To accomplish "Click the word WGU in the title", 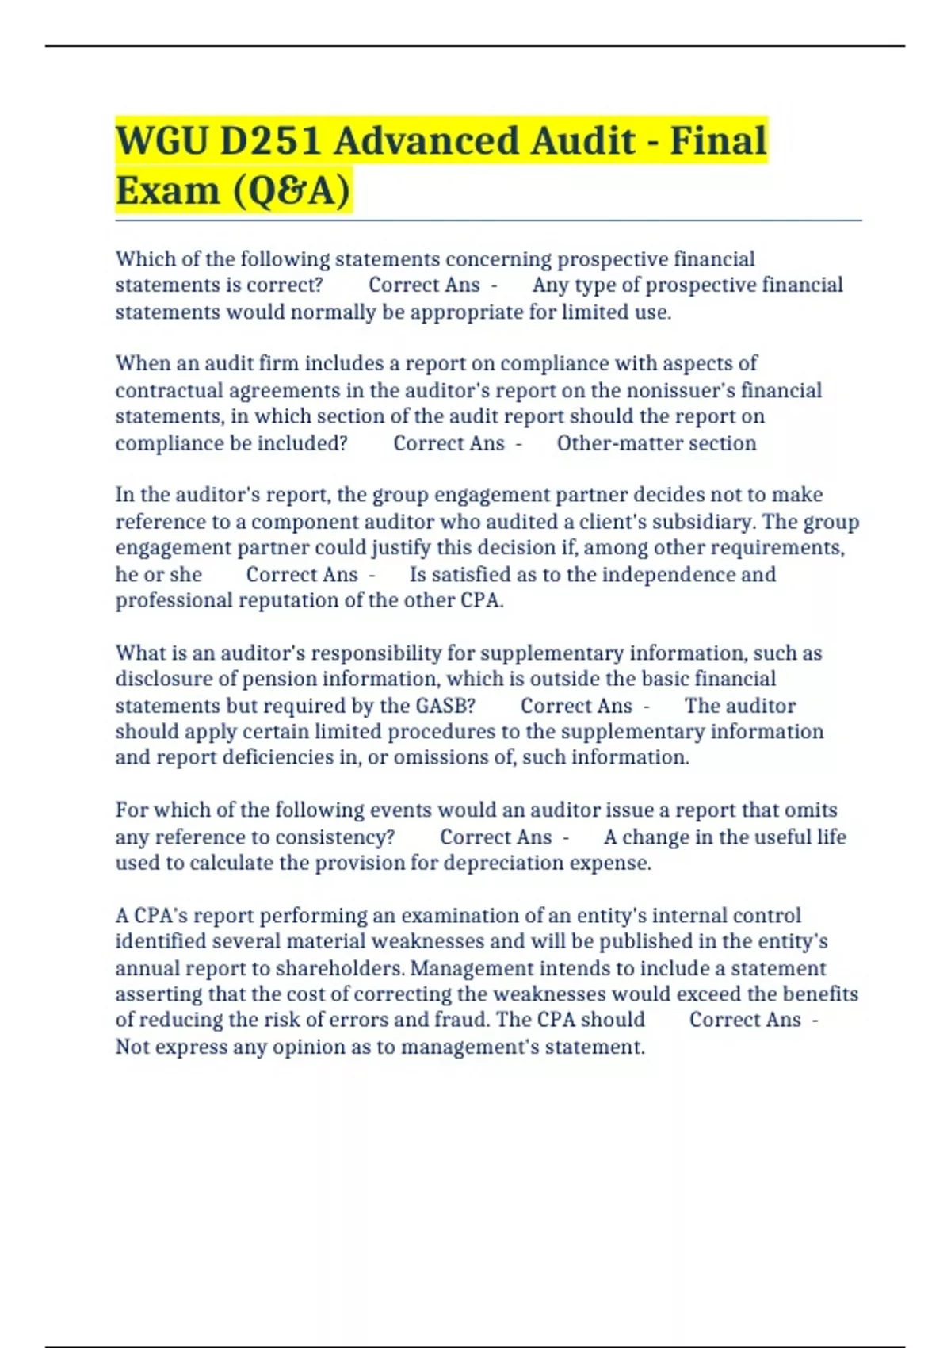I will (162, 141).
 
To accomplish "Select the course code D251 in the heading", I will (270, 141).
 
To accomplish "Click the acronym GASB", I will (445, 706).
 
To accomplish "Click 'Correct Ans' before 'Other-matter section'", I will (449, 443).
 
